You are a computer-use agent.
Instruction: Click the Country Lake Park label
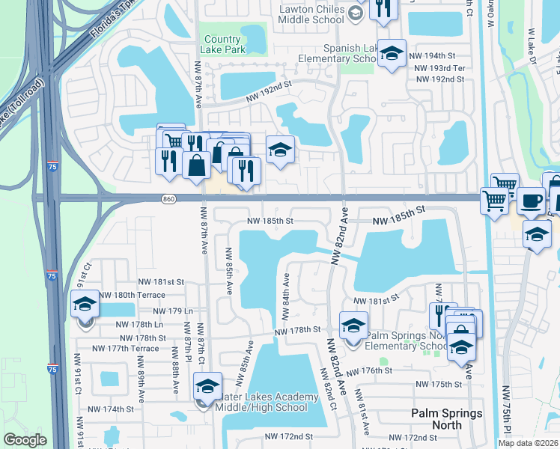pos(222,44)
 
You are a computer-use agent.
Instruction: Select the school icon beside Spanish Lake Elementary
pos(391,55)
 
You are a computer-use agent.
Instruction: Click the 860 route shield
pos(168,198)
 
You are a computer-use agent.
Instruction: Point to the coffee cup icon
pos(531,201)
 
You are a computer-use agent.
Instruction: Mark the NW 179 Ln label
pos(173,311)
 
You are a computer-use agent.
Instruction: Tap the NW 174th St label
pos(109,409)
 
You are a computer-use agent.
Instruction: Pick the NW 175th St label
pos(439,384)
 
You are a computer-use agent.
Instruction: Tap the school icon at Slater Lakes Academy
pos(204,386)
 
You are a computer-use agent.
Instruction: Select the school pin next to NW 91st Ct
pos(85,305)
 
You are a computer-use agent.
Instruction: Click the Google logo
pos(25,440)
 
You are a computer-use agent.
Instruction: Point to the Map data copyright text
pos(525,443)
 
